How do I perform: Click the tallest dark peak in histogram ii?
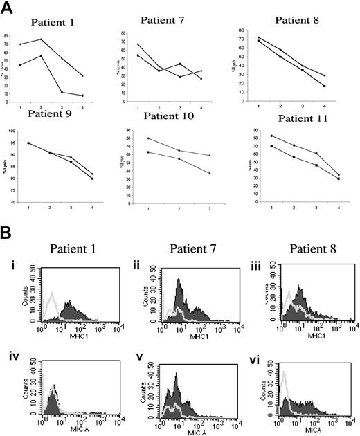(179, 280)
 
